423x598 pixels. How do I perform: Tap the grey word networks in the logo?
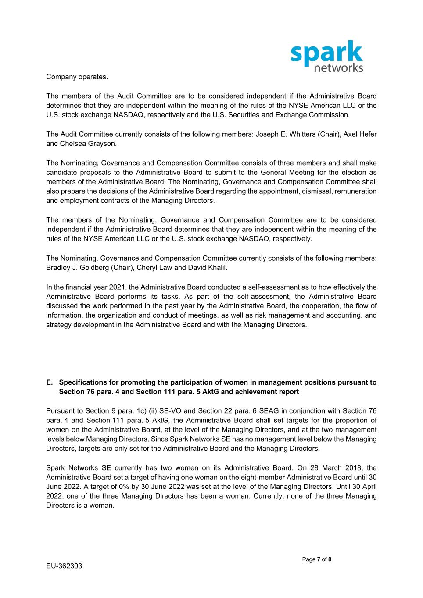pyautogui.click(x=339, y=67)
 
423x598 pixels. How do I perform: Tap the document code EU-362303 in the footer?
pyautogui.click(x=64, y=566)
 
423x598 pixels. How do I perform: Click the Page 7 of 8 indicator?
pyautogui.click(x=316, y=559)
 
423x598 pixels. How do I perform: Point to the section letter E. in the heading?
pyautogui.click(x=50, y=382)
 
